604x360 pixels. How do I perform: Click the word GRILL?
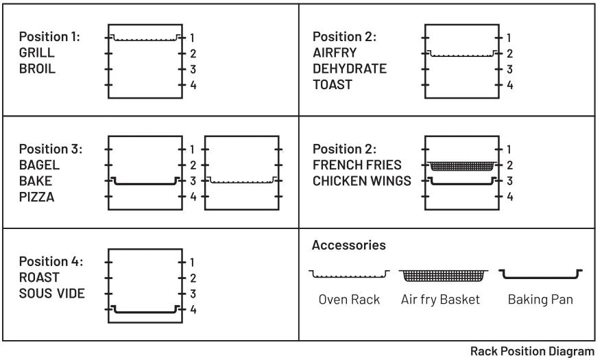(x=37, y=52)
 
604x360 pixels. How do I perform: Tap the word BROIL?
(x=38, y=69)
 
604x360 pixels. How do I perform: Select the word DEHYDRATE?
(x=350, y=69)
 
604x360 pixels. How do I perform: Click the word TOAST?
(x=333, y=85)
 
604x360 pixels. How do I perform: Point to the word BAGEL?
(x=39, y=165)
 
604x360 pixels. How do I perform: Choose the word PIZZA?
(x=37, y=197)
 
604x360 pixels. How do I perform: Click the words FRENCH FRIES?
(x=357, y=165)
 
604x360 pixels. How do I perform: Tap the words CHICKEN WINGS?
(x=362, y=181)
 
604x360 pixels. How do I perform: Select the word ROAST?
(x=39, y=278)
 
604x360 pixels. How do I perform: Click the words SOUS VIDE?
(x=52, y=293)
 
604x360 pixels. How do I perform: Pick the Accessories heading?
(x=349, y=245)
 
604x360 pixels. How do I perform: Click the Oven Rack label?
(x=350, y=300)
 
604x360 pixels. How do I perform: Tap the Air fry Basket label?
(x=441, y=300)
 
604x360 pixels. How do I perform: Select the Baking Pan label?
(x=540, y=300)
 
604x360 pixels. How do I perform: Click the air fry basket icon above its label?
(x=444, y=276)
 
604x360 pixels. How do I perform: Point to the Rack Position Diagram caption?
(x=532, y=352)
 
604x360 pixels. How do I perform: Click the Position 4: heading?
(x=51, y=261)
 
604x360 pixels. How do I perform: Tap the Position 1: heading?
(x=49, y=36)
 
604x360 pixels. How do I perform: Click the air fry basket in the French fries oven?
(x=462, y=166)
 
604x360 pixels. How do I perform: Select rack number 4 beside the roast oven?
(x=193, y=309)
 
